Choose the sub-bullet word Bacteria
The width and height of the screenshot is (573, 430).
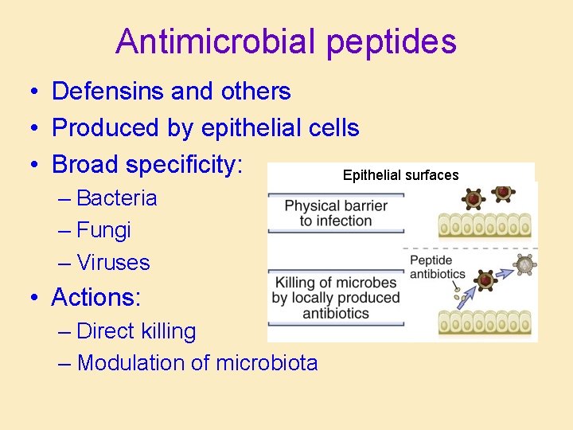click(x=117, y=198)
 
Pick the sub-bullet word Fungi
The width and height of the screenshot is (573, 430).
click(x=104, y=231)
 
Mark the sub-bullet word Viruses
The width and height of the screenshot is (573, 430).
click(x=114, y=263)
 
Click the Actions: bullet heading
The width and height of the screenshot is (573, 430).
click(x=96, y=298)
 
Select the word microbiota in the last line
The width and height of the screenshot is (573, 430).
click(x=266, y=363)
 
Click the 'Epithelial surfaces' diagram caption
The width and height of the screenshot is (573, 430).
click(x=400, y=174)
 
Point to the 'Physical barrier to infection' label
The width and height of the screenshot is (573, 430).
click(x=336, y=213)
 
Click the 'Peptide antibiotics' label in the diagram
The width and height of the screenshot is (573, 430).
click(x=437, y=267)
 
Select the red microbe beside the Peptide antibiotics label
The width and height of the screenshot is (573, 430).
click(x=482, y=279)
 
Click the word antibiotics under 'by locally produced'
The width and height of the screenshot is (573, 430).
click(x=336, y=313)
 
